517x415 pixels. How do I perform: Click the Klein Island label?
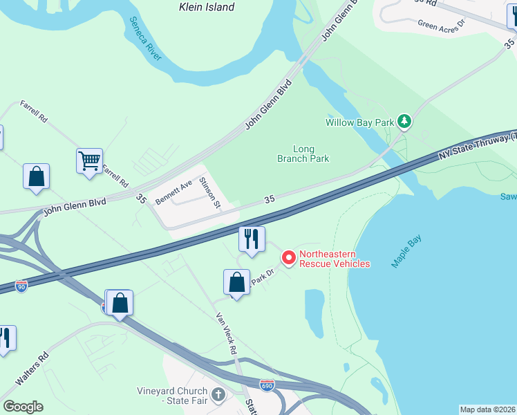point(206,7)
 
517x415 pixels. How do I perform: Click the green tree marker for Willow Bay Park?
point(404,122)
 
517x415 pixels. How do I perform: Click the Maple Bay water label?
point(406,252)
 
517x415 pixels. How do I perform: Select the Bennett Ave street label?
point(173,192)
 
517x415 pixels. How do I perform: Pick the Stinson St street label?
point(209,192)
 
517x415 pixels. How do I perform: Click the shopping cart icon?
point(90,161)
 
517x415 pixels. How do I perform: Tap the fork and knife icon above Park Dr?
point(252,239)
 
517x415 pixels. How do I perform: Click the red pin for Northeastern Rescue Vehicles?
point(288,258)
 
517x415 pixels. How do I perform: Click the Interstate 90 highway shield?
point(22,286)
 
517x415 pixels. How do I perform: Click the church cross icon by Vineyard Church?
point(218,395)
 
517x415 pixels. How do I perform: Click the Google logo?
point(23,407)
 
